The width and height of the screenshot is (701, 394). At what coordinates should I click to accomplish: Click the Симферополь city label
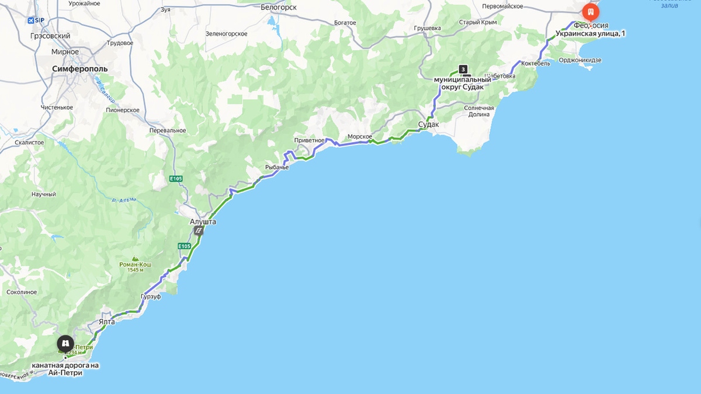point(79,68)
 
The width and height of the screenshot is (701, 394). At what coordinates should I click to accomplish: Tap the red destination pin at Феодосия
point(591,12)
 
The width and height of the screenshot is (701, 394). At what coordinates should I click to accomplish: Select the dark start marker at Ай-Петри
point(65,343)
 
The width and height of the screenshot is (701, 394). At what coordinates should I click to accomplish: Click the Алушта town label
point(203,222)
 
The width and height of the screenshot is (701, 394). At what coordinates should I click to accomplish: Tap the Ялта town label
point(107,321)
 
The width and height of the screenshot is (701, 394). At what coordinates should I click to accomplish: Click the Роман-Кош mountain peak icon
point(135,258)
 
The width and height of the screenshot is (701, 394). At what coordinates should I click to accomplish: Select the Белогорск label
point(279,7)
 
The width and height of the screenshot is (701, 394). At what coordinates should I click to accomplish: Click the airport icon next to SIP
point(31,20)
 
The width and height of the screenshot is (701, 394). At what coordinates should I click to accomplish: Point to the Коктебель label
point(536,63)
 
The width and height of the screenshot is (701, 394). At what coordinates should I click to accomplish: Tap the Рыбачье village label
point(277,167)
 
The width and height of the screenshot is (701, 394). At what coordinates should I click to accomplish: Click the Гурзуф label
point(151,296)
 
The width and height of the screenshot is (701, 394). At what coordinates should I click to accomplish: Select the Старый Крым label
point(477,22)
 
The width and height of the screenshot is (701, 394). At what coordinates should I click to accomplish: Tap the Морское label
point(360,136)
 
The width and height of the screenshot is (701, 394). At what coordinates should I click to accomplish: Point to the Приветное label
point(309,140)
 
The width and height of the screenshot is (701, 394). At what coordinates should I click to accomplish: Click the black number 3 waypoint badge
point(463,69)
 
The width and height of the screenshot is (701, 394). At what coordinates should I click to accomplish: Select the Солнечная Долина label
point(479,111)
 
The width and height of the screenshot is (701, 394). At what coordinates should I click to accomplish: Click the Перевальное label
point(168,130)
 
